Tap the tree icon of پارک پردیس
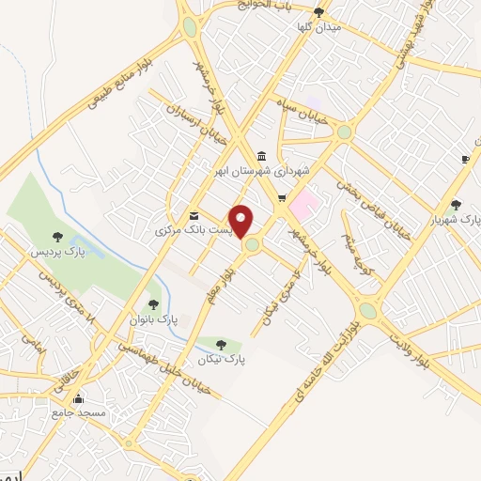[57, 238]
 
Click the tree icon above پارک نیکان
[221, 345]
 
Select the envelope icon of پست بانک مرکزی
[194, 214]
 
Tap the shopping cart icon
[281, 197]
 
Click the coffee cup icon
[465, 160]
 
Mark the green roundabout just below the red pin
[252, 245]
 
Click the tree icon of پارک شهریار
[456, 204]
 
